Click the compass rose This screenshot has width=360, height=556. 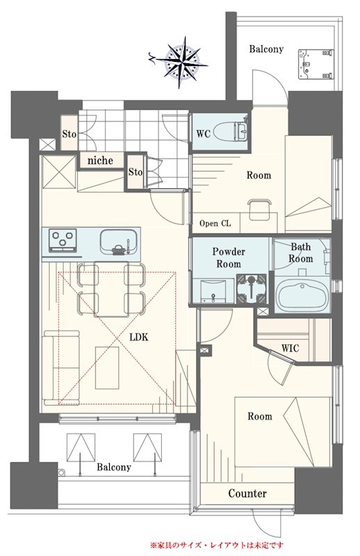pos(182,63)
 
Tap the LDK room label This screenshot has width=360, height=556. pos(139,337)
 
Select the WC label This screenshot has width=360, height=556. pos(203,133)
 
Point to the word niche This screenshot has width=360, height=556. pos(100,161)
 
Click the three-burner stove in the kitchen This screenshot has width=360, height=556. pos(63,240)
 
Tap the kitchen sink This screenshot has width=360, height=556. pos(118,242)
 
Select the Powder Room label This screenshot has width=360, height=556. pos(229,257)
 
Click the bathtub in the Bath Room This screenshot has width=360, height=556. pos(302,295)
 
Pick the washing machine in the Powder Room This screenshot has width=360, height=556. pos(251,288)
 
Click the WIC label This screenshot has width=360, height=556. pos(290,348)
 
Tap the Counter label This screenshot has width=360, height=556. pos(247,493)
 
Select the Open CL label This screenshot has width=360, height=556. pos(215,223)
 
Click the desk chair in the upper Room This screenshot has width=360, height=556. pos(259,209)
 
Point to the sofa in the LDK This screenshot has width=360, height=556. pos(61,368)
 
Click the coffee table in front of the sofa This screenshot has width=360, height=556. pos(107,368)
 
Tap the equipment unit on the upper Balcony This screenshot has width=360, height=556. pos(316,65)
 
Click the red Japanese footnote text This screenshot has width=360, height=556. pos(217,545)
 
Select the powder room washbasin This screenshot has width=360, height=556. pos(213,291)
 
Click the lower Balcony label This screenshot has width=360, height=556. pos(114,467)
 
